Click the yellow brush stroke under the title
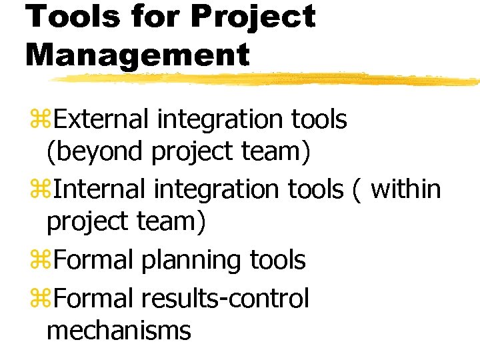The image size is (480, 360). (x=267, y=79)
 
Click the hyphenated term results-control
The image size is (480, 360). (x=225, y=298)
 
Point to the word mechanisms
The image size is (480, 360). (x=119, y=330)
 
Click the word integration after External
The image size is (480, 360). (x=220, y=121)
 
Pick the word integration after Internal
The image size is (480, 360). (x=217, y=190)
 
